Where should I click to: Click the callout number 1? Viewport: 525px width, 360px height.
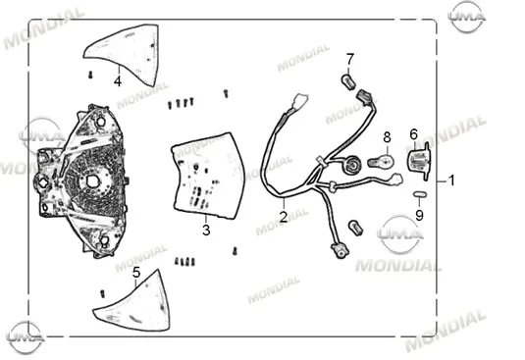pos(451,180)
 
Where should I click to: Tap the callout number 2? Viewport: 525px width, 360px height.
pos(284,217)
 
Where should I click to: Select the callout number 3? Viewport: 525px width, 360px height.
pos(206,231)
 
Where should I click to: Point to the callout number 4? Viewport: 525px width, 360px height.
pos(118,81)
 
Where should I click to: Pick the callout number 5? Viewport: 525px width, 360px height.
pos(136,273)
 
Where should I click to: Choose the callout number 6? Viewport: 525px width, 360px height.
pos(414,134)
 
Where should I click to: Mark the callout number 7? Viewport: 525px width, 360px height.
pos(350,60)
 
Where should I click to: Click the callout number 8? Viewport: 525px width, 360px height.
pos(387,137)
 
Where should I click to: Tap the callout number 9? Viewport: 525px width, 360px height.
pos(419,215)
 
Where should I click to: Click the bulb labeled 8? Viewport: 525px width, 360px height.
pos(381,162)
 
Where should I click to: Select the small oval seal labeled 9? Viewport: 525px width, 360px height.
pos(420,194)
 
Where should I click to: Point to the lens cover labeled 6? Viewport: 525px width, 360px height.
pos(418,161)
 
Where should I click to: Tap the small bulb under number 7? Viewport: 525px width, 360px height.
pos(348,82)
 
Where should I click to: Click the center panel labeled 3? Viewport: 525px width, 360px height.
pos(208,177)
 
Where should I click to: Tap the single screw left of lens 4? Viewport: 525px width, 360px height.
pos(90,75)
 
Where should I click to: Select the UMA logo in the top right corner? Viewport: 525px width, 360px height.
pos(467,17)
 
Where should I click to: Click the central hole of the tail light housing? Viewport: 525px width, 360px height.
pos(91,181)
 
